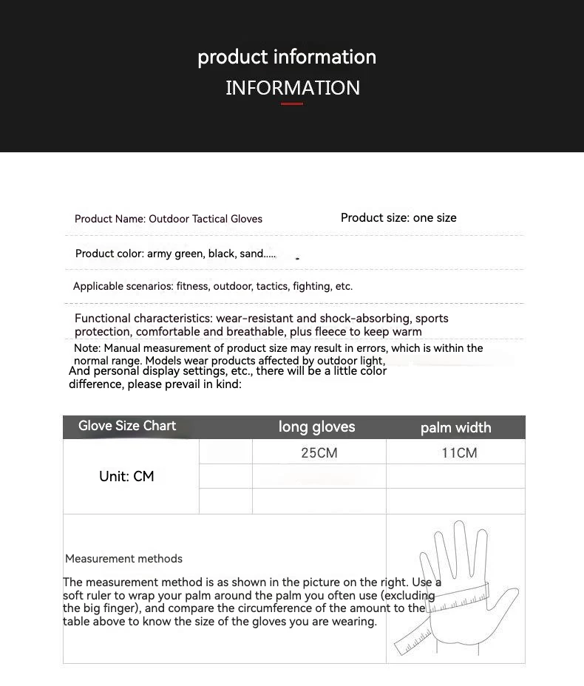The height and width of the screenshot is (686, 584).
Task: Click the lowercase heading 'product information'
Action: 287,57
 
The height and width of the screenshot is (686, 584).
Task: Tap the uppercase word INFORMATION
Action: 293,88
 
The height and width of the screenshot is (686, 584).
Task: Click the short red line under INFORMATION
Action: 292,103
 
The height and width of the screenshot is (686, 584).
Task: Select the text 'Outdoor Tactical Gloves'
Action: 206,219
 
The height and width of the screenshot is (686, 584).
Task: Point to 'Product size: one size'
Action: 398,217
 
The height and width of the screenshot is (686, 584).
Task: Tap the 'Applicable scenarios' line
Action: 213,286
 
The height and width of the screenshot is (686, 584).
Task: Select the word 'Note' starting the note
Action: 86,348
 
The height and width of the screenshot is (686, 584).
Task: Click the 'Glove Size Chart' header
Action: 127,426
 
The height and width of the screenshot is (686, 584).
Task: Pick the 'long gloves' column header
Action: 316,427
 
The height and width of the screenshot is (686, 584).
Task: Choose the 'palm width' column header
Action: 455,427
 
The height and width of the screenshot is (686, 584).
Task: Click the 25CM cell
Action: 319,452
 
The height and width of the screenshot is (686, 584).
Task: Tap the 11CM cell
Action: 459,452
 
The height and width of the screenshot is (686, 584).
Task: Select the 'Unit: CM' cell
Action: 126,477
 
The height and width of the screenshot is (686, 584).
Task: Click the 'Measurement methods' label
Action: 123,559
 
